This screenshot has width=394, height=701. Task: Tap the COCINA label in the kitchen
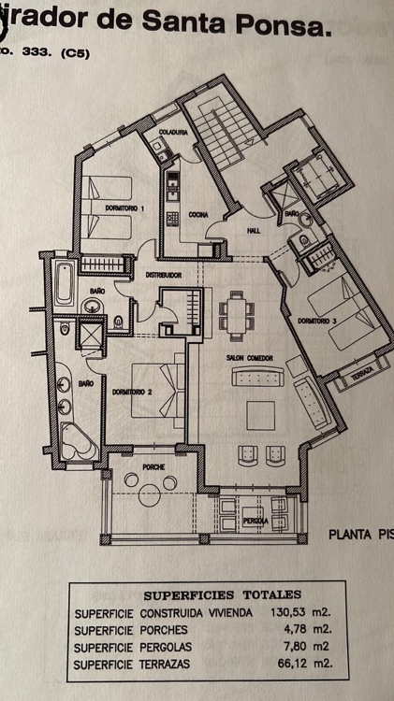point(197,215)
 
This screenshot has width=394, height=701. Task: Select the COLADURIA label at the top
point(174,133)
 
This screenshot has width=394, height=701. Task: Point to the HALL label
point(253,233)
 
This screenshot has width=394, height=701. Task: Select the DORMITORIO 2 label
point(130,393)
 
